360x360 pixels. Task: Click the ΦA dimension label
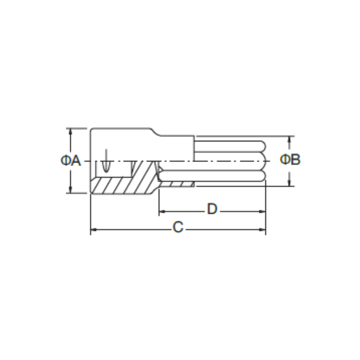(x=71, y=160)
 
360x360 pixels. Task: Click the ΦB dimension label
(x=290, y=159)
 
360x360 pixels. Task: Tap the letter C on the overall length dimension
(x=178, y=227)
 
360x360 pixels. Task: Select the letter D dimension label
(x=212, y=209)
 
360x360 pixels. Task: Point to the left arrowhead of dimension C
(x=94, y=229)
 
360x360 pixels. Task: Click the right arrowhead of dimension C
(x=262, y=229)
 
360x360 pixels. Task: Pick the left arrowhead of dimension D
(x=162, y=211)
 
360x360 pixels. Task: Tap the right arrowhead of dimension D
(x=262, y=211)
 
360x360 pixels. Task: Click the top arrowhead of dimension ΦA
(x=71, y=131)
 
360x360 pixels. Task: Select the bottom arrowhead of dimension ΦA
(x=71, y=190)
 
